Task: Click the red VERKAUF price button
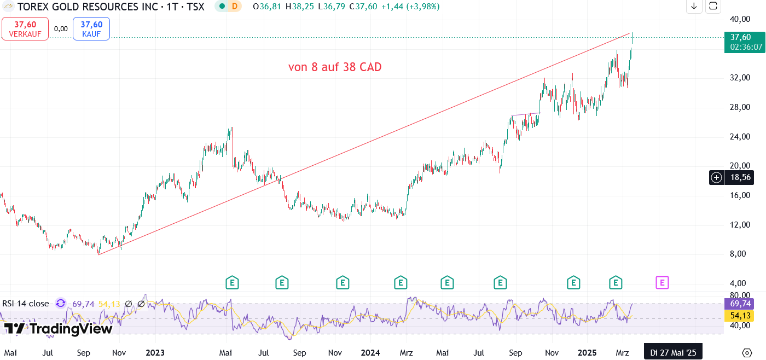(25, 28)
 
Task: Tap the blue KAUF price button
(91, 28)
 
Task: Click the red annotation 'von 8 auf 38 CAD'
(335, 67)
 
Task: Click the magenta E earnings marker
(662, 283)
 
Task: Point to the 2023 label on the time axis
(155, 353)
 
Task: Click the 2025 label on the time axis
(588, 353)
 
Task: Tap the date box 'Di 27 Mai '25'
(673, 353)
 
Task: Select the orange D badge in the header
(235, 7)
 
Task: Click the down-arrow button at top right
(694, 6)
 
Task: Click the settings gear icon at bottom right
(747, 352)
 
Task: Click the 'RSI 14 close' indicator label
(26, 304)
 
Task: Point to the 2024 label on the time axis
(370, 353)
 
